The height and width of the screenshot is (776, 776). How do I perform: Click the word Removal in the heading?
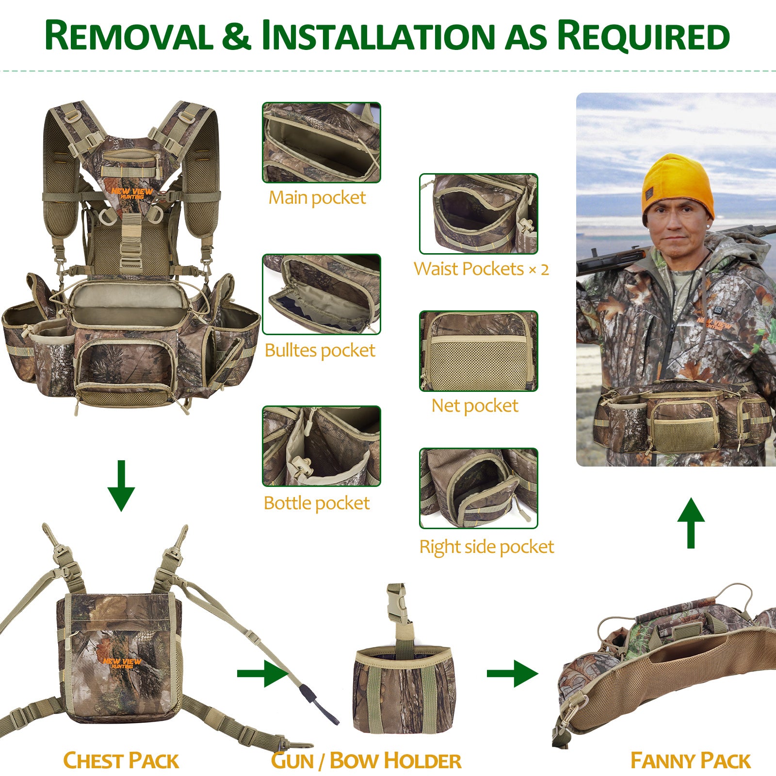coord(129,35)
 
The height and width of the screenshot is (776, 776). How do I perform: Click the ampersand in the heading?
coord(237,36)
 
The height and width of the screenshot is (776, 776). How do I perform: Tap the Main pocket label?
coord(317,198)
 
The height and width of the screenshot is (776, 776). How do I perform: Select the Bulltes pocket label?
coord(320,350)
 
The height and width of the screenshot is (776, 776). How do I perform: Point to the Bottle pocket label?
coord(317,503)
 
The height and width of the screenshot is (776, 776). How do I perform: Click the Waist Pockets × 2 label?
coord(481,269)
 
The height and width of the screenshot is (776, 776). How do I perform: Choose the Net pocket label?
coord(475,405)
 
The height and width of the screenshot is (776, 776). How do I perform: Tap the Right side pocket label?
coord(486,547)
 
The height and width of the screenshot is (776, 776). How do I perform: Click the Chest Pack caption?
coord(121,760)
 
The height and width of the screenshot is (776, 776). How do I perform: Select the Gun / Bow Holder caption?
coord(366,760)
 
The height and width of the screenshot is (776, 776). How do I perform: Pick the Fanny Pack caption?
coord(690,760)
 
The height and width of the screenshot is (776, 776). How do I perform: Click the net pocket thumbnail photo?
coord(479,351)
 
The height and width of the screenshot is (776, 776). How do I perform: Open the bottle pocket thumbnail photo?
coord(322,446)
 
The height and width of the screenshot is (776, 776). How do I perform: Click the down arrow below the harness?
coord(121,485)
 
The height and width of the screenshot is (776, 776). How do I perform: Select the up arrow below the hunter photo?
coord(691,523)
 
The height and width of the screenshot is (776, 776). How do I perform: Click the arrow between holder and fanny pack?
coord(513,673)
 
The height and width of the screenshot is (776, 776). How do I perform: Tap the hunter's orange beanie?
coord(678,186)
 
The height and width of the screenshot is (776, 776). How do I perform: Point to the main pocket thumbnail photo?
coord(322,143)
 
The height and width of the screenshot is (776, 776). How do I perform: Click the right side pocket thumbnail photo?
coord(479,488)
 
